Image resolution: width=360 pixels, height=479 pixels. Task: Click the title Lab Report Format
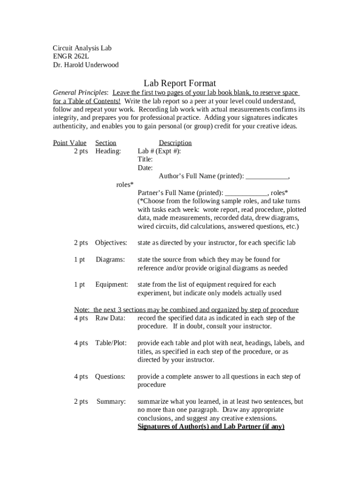pos(180,83)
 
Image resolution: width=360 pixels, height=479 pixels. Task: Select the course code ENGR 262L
pos(71,56)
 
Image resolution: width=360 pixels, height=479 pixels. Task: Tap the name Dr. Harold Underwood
pos(86,65)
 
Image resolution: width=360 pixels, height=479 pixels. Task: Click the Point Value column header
pos(70,143)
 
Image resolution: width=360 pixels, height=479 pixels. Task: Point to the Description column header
pos(175,143)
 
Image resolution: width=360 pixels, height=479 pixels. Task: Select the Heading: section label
pos(108,151)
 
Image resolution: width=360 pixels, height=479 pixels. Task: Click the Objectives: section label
pos(111,243)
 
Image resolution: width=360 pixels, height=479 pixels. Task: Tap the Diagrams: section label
pos(110,260)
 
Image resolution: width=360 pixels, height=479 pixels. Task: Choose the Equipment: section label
pos(112,284)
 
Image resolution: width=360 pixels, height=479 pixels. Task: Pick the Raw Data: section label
pos(110,318)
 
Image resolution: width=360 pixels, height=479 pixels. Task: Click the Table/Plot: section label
pos(111,343)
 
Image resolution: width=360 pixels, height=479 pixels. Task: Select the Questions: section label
pos(110,377)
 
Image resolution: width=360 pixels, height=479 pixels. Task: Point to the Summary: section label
pos(111,401)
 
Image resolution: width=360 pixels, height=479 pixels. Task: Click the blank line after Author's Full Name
pos(267,177)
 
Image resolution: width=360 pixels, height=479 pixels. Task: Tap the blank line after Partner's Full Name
pos(246,193)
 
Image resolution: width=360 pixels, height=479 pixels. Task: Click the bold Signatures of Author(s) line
pos(211,427)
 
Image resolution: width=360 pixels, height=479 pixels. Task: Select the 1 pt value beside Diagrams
pos(79,260)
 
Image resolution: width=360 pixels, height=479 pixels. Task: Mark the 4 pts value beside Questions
pos(81,377)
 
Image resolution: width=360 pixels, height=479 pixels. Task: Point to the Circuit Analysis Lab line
pos(82,48)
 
